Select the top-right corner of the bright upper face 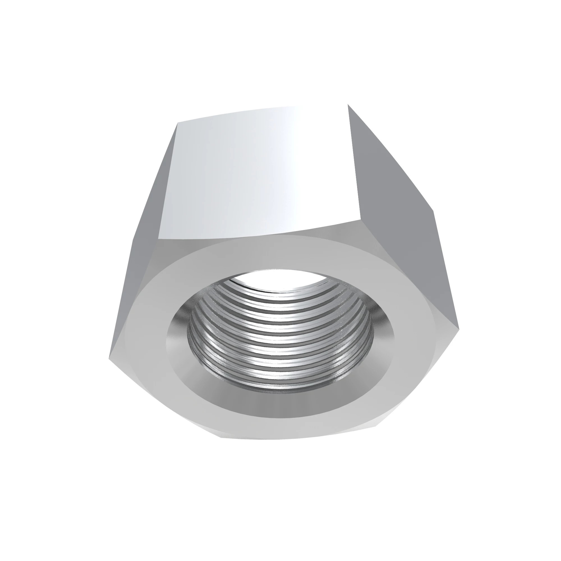point(348,105)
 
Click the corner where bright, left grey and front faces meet point(158,240)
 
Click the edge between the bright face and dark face point(354,163)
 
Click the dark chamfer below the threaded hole point(279,405)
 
